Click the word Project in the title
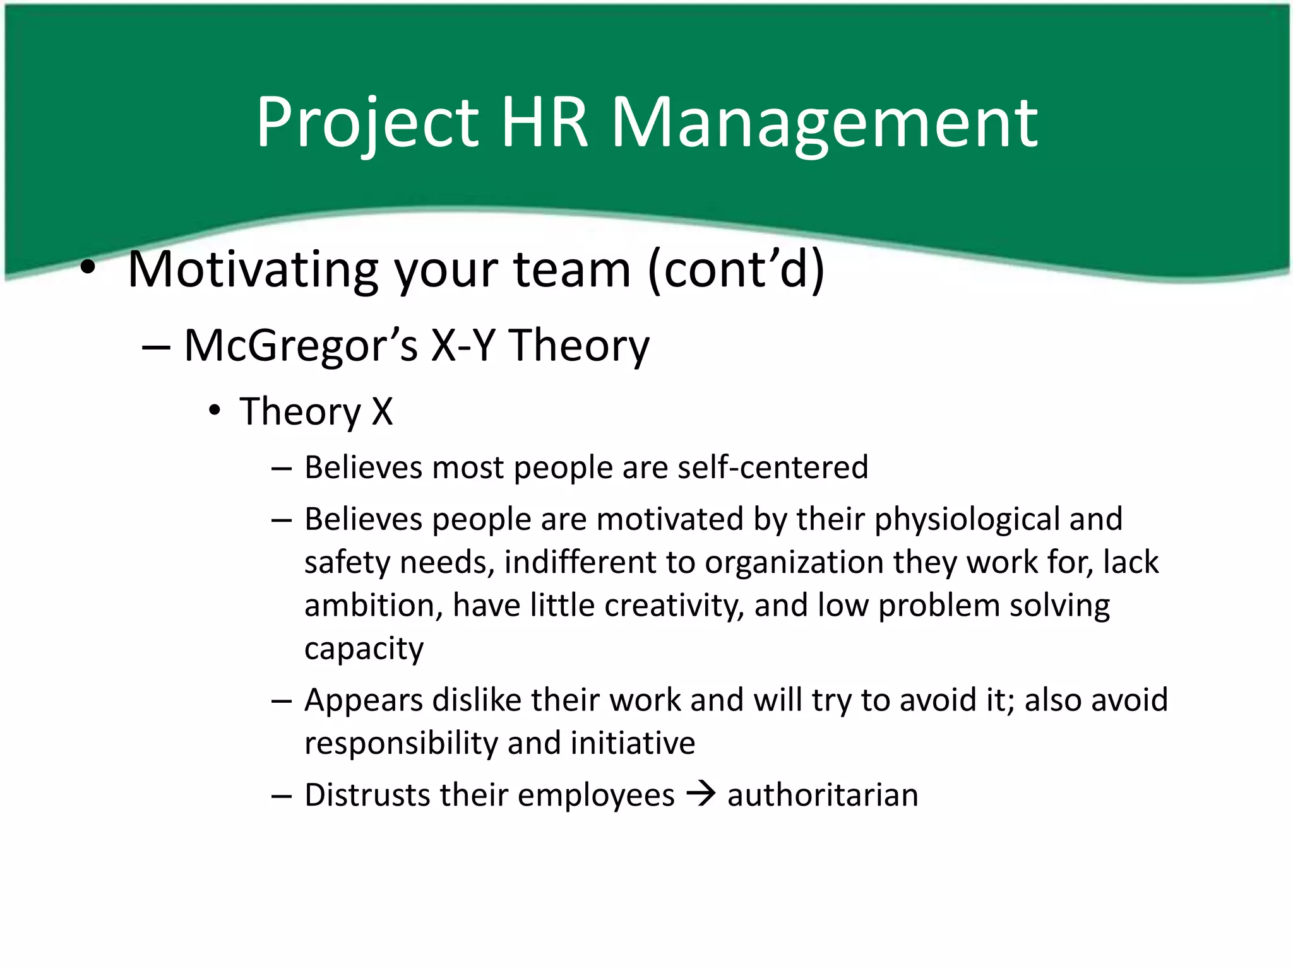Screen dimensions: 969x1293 [366, 123]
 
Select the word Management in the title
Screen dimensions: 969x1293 [824, 123]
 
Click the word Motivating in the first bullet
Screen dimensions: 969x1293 [253, 270]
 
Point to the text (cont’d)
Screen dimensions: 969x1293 [736, 270]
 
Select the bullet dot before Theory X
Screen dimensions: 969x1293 [215, 411]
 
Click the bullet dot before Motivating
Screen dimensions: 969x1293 [88, 269]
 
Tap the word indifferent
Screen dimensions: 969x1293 [580, 562]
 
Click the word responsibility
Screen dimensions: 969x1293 [401, 743]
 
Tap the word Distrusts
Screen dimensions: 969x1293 [367, 795]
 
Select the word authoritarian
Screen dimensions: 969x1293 [823, 795]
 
